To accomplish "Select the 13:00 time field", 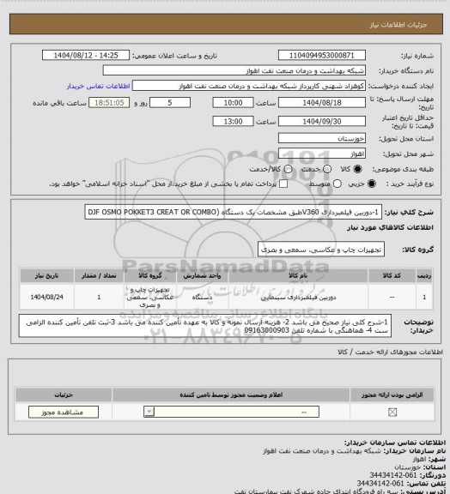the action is [232, 122].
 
